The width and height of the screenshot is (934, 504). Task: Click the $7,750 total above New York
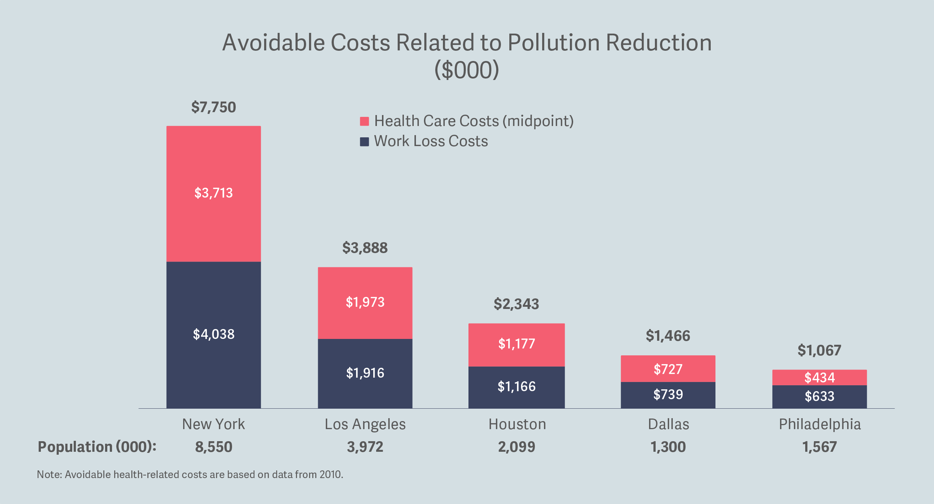213,107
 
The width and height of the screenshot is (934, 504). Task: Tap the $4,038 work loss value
213,334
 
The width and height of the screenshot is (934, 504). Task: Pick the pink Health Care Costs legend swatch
364,121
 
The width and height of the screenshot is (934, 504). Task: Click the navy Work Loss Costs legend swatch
364,141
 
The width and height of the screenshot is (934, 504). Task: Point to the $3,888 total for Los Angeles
365,248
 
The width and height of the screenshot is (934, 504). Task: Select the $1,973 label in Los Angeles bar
365,302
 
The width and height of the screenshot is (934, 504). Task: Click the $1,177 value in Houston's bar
516,344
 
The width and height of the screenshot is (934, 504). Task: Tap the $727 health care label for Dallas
668,369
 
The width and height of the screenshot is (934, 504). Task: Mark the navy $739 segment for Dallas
668,395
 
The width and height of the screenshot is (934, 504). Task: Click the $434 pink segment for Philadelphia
819,378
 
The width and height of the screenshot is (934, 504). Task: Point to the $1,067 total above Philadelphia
819,351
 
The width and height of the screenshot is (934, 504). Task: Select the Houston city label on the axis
517,424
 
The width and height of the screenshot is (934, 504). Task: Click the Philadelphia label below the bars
820,424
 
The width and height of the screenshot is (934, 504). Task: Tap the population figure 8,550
213,447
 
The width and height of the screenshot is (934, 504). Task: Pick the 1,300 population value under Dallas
668,447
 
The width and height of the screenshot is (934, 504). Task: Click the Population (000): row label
97,447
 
